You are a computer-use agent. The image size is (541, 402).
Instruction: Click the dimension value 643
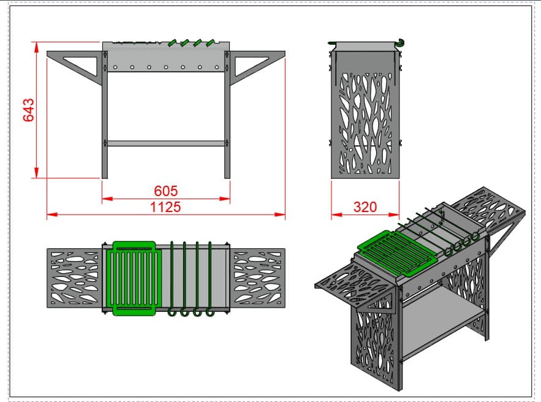pyautogui.click(x=29, y=110)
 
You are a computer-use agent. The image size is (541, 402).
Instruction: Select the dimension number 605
pyautogui.click(x=166, y=191)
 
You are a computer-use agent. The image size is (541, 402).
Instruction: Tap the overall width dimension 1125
pyautogui.click(x=165, y=207)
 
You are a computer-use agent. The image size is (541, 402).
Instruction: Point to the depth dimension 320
pyautogui.click(x=365, y=207)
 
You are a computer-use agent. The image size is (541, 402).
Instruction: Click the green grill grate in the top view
pyautogui.click(x=134, y=278)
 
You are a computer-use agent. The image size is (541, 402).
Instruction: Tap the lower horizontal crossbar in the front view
pyautogui.click(x=166, y=143)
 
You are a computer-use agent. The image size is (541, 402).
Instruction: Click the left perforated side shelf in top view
pyautogui.click(x=75, y=278)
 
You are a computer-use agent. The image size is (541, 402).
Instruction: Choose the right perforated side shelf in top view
pyautogui.click(x=258, y=278)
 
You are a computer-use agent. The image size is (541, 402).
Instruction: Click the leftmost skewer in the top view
pyautogui.click(x=172, y=276)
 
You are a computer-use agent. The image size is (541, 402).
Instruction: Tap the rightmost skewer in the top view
pyautogui.click(x=210, y=276)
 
